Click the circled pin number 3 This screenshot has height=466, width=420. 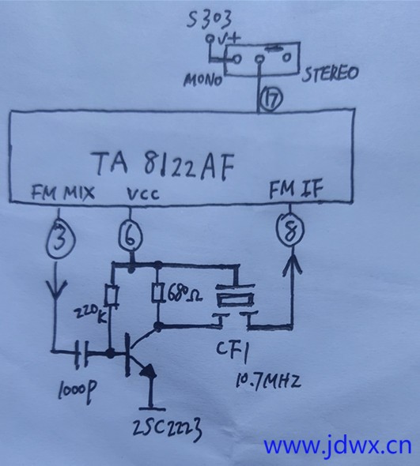point(60,238)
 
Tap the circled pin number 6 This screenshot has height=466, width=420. point(131,236)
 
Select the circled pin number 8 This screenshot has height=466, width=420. point(290,229)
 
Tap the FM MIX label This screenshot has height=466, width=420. point(62,193)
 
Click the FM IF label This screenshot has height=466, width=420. point(296,190)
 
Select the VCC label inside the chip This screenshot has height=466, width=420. point(143,194)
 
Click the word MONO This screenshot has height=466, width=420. point(203,80)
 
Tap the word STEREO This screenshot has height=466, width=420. point(331,73)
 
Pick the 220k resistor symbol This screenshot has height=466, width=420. point(112,295)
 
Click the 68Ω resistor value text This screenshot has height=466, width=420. point(184,295)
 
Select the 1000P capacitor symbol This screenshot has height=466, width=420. point(81,352)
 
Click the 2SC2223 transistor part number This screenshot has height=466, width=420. point(167,429)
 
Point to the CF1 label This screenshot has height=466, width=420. point(233,351)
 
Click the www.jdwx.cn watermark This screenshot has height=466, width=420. point(338,445)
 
